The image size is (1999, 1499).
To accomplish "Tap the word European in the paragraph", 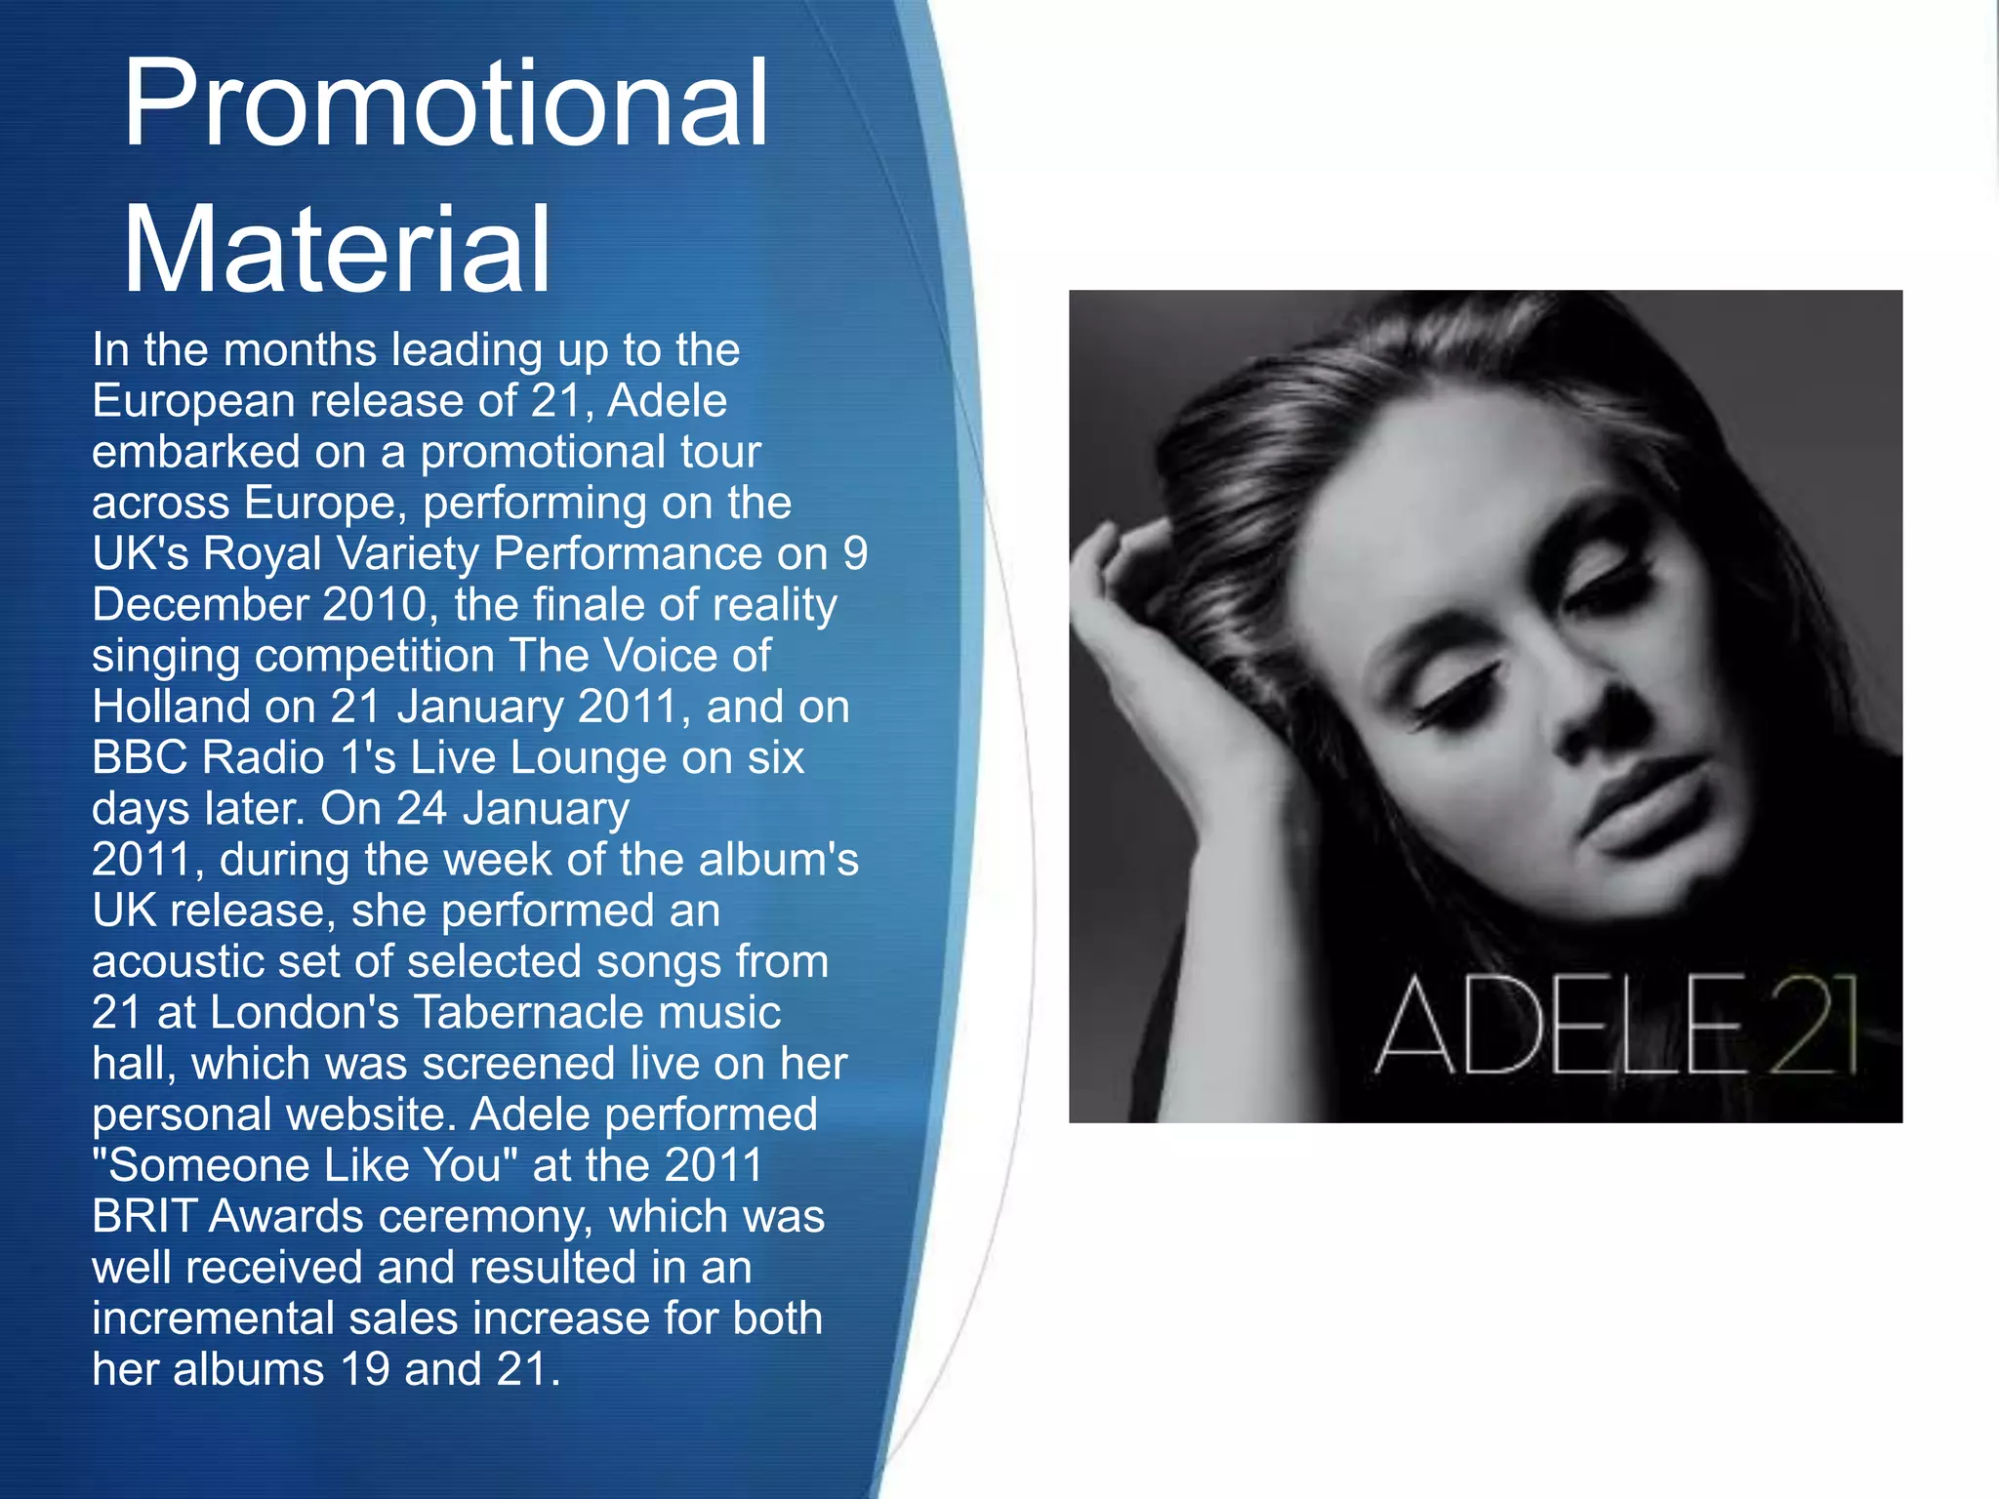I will (193, 401).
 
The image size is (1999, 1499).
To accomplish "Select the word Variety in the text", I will (408, 553).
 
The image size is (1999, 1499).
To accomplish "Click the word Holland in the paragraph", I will (173, 707).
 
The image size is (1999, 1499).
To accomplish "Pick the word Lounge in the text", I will (589, 757).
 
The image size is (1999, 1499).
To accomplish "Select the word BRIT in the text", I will (143, 1216).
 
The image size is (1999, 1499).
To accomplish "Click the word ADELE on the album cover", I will (1559, 1027).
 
